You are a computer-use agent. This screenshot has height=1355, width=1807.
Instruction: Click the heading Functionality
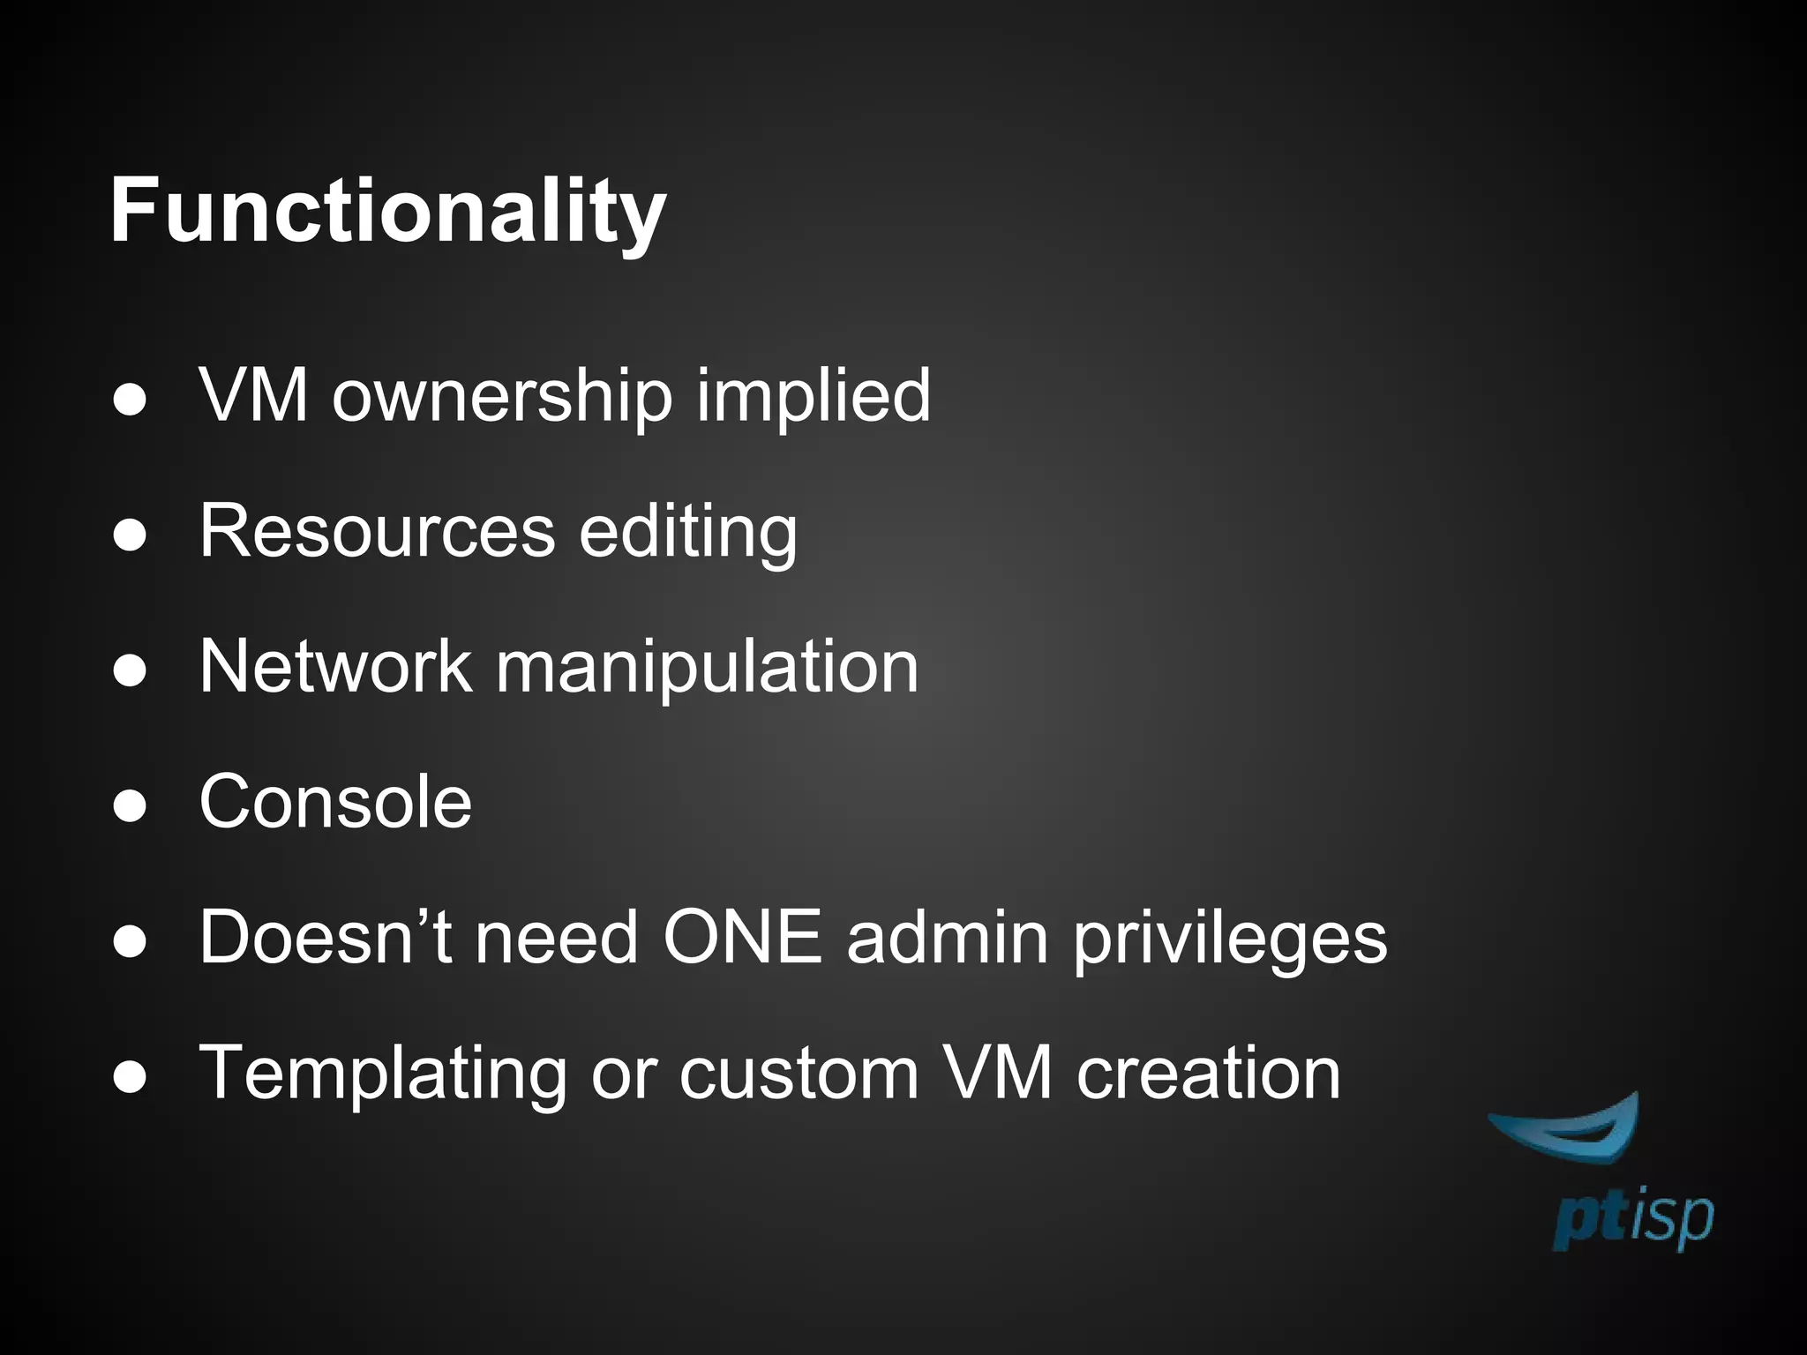[387, 213]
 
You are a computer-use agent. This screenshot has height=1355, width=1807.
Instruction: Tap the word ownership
[502, 396]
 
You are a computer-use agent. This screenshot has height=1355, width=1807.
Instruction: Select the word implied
[813, 396]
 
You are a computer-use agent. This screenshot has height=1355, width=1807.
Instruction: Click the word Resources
[377, 531]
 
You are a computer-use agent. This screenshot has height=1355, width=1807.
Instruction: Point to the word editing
[688, 533]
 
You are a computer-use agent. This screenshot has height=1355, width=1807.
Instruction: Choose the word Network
[335, 666]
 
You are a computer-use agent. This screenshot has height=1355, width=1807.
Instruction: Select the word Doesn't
[326, 937]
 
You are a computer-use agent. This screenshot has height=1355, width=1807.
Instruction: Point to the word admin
[948, 937]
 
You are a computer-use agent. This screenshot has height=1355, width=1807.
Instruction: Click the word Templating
[383, 1074]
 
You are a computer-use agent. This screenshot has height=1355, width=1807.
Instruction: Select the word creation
[1208, 1074]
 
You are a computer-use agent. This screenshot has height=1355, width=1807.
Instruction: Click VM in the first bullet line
[254, 396]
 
